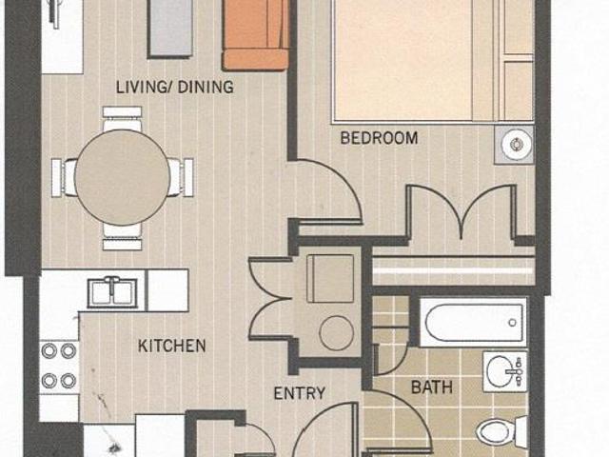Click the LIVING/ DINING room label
pyautogui.click(x=175, y=87)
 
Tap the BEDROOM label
pyautogui.click(x=379, y=138)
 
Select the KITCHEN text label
pyautogui.click(x=171, y=346)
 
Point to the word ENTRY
pyautogui.click(x=300, y=393)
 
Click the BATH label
pyautogui.click(x=432, y=387)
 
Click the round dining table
pyautogui.click(x=122, y=178)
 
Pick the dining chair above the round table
pyautogui.click(x=123, y=118)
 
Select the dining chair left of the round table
pyautogui.click(x=64, y=178)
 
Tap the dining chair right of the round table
pyautogui.click(x=181, y=178)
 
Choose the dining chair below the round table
pyautogui.click(x=123, y=237)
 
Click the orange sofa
pyautogui.click(x=256, y=35)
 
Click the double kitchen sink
pyautogui.click(x=112, y=292)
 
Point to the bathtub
pyautogui.click(x=474, y=323)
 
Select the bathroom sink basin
pyautogui.click(x=502, y=372)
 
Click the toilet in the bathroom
pyautogui.click(x=501, y=431)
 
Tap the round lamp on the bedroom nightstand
pyautogui.click(x=516, y=145)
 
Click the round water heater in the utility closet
pyautogui.click(x=336, y=333)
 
